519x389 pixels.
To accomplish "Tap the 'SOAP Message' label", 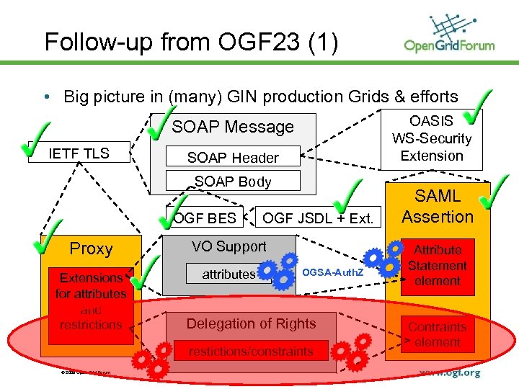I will (233, 128).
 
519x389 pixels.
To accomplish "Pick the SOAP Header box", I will (233, 158).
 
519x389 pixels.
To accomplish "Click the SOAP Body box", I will (233, 182).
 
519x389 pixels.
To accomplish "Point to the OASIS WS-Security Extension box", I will (431, 139).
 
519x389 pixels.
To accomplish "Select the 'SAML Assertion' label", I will (438, 206).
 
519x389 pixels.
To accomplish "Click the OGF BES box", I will (205, 217).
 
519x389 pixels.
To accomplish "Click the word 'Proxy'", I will (91, 249).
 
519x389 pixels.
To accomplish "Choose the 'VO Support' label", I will (229, 246).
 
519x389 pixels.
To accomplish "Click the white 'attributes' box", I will (229, 274).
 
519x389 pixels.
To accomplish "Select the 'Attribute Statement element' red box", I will (438, 266).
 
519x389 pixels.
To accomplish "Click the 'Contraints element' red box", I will (438, 334).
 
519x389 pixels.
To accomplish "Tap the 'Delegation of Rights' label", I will (251, 324).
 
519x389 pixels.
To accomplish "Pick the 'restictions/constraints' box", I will (251, 352).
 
